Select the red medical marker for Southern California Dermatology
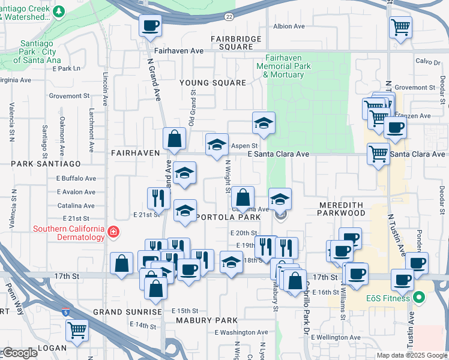pyautogui.click(x=113, y=232)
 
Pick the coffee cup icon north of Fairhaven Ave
pyautogui.click(x=151, y=26)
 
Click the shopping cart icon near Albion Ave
pyautogui.click(x=400, y=27)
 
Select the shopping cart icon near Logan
pyautogui.click(x=77, y=329)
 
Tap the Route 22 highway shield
pyautogui.click(x=229, y=17)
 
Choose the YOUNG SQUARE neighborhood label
pyautogui.click(x=213, y=83)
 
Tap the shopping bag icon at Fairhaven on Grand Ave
pyautogui.click(x=174, y=139)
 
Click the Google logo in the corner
pyautogui.click(x=19, y=353)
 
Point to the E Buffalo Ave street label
pyautogui.click(x=76, y=178)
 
